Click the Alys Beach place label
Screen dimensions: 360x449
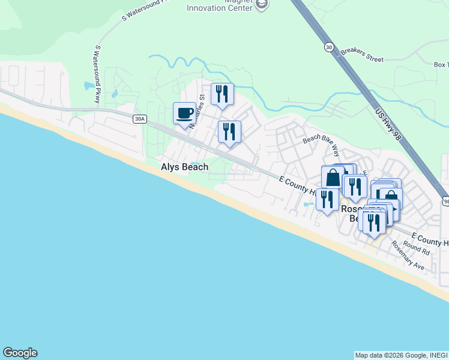[184, 167]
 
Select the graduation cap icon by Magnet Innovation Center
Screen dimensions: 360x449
[261, 5]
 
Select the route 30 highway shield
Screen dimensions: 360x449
[328, 46]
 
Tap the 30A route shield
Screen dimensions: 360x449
[139, 119]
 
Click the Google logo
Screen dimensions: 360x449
[20, 353]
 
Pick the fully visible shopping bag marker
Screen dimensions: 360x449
[333, 178]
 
